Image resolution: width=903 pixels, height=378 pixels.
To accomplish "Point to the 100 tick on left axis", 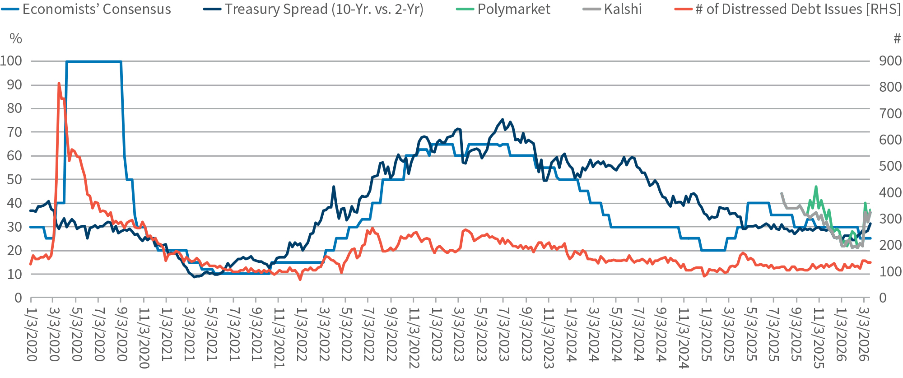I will [11, 61].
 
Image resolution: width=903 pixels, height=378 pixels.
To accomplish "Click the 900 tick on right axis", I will [890, 61].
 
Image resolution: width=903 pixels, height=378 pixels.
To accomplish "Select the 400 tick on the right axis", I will [890, 193].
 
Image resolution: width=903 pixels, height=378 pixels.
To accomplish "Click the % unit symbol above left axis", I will [15, 39].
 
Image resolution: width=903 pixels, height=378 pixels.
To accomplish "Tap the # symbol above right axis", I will [897, 39].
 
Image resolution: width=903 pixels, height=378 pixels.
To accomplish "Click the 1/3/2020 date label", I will [31, 334].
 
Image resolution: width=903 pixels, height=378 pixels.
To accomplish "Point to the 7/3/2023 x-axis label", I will [503, 334].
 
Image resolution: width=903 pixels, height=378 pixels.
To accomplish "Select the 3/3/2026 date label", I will [863, 334].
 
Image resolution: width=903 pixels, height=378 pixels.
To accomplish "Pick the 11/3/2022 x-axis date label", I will [413, 336].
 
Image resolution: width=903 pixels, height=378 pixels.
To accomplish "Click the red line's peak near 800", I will [59, 83].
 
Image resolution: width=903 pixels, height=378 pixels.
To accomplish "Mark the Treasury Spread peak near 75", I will [503, 120].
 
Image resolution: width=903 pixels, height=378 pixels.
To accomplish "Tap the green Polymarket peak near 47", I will [816, 187].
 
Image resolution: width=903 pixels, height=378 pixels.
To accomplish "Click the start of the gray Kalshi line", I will [782, 193].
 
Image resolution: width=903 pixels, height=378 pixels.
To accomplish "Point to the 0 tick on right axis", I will [882, 298].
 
